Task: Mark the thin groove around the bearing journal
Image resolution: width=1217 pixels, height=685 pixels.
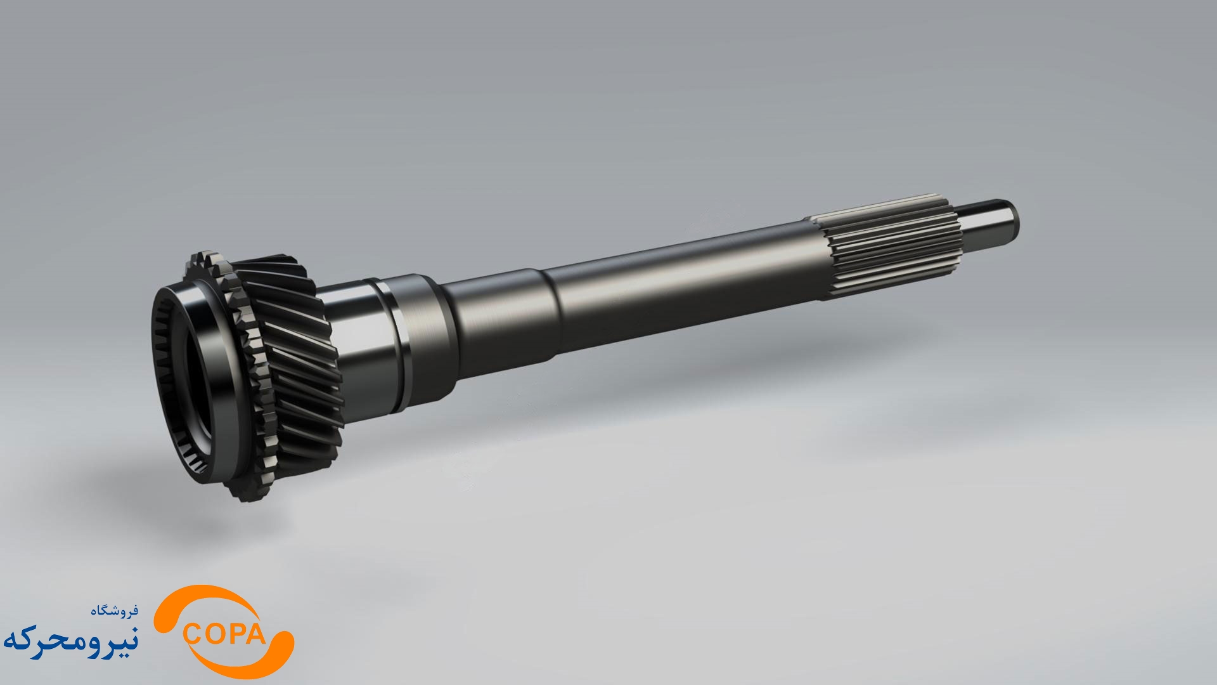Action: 396,346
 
